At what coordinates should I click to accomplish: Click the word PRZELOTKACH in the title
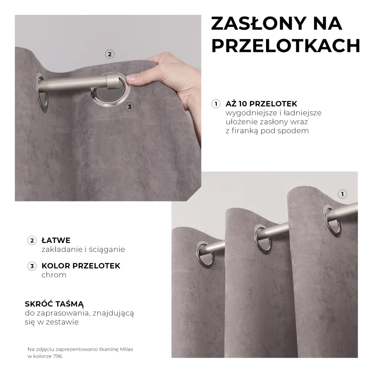coord(286,46)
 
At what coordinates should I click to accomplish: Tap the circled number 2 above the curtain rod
coord(109,54)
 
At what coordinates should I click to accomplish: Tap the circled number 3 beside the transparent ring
coord(130,107)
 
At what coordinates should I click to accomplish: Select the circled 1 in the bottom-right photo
coord(342,194)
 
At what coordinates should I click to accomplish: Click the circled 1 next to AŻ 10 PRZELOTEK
coord(216,104)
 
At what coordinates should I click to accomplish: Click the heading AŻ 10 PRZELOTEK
coord(261,104)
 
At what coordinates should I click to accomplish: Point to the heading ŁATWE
coord(56,240)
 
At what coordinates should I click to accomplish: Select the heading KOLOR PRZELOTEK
coord(81,266)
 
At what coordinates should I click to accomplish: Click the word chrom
coord(54,275)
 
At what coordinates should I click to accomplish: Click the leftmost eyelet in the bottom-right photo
coord(203,253)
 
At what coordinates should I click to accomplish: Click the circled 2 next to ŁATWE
coord(32,240)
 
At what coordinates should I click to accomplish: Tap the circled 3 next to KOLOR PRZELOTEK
coord(32,266)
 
